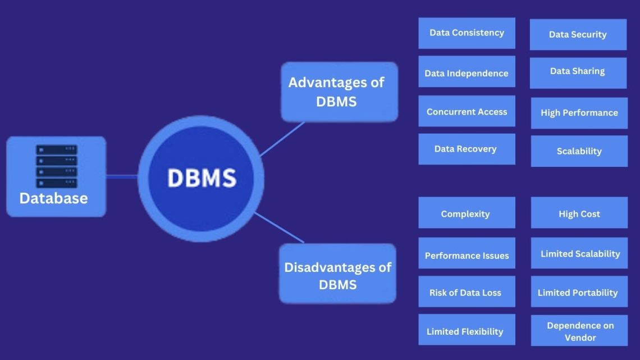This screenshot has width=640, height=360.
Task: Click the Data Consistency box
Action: [467, 33]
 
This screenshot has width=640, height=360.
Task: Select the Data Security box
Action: [578, 35]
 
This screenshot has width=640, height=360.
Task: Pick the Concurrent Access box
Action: [467, 111]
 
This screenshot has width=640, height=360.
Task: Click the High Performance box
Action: [579, 113]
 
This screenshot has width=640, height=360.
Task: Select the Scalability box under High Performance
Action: [579, 151]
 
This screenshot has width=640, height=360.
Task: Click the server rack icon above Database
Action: [56, 166]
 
